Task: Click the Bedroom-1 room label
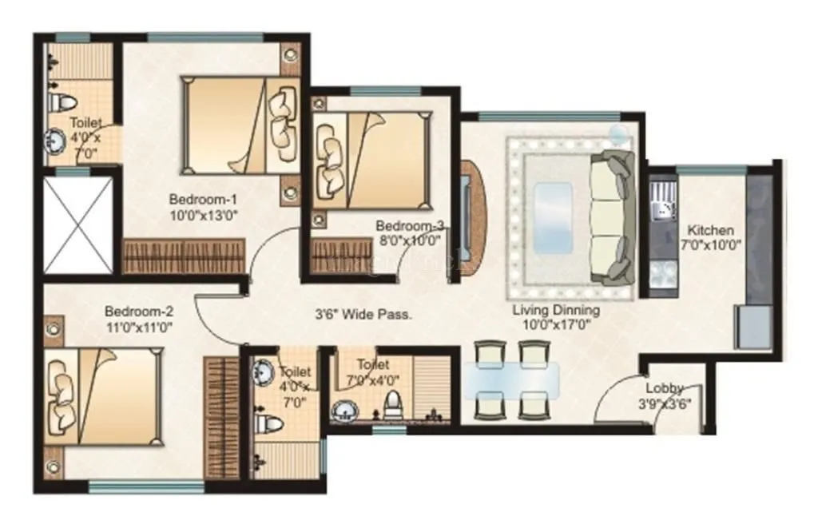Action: tap(203, 199)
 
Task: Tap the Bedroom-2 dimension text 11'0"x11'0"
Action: tap(138, 326)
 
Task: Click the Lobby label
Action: tap(665, 389)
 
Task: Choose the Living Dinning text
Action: tap(557, 310)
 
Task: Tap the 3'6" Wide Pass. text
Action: tap(363, 315)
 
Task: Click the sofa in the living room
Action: tap(612, 216)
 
